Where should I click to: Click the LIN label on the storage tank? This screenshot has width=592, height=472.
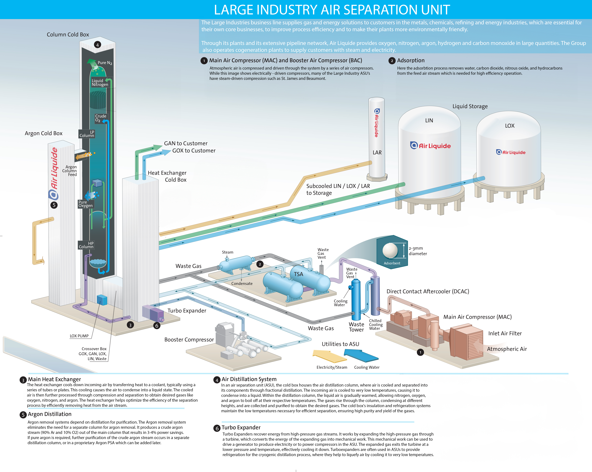(x=429, y=120)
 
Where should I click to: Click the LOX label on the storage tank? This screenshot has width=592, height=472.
(x=510, y=126)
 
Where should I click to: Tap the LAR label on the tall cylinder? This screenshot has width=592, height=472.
(x=377, y=153)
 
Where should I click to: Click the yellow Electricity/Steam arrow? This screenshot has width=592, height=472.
(x=329, y=356)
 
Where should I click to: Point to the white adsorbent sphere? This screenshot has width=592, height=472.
(x=390, y=251)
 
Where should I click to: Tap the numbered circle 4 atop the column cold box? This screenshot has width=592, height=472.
(x=97, y=45)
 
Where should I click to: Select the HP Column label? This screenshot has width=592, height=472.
(x=86, y=245)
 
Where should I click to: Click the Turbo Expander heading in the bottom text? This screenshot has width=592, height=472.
(x=241, y=427)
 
